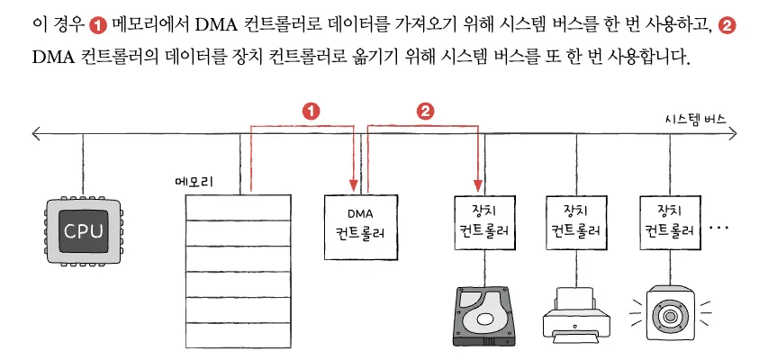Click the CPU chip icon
[x=84, y=230]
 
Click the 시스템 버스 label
[x=695, y=119]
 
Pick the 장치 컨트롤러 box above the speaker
[x=668, y=220]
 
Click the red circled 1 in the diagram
[x=311, y=111]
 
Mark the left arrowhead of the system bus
[x=35, y=135]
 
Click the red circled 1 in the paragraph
[x=100, y=25]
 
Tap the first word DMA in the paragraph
[x=214, y=25]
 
